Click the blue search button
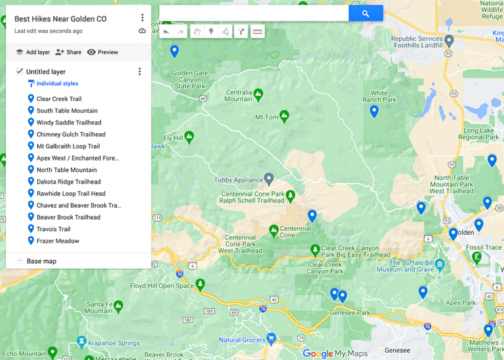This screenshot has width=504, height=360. [x=366, y=13]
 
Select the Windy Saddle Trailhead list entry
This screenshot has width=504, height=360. [x=68, y=123]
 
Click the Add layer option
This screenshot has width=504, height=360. [x=33, y=52]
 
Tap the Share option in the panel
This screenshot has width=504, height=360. [x=68, y=52]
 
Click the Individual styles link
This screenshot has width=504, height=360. [x=56, y=84]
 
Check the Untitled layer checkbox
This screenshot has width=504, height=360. [x=20, y=71]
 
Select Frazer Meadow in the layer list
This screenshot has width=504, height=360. [x=58, y=241]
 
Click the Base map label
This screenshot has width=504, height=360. [x=41, y=261]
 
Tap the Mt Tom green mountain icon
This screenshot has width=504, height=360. [x=284, y=116]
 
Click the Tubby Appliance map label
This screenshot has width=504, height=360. [x=238, y=180]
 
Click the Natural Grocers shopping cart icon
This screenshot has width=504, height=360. [x=270, y=338]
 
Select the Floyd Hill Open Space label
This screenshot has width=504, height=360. [x=161, y=286]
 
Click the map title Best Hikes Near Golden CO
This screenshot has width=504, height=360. [x=60, y=19]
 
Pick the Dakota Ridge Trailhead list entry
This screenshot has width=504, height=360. [x=68, y=182]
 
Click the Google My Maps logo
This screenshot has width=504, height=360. [x=334, y=353]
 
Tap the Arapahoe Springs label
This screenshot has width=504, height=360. [x=115, y=343]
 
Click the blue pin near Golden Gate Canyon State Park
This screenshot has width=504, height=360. [x=174, y=50]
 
